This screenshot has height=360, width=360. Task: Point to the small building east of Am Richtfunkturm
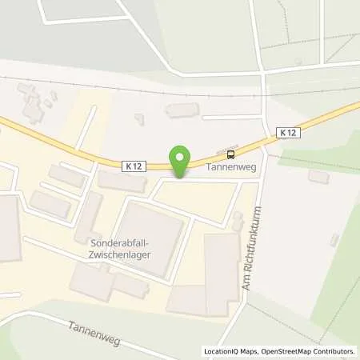pyautogui.click(x=318, y=176)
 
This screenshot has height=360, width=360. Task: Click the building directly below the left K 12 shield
pyautogui.click(x=120, y=182)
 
